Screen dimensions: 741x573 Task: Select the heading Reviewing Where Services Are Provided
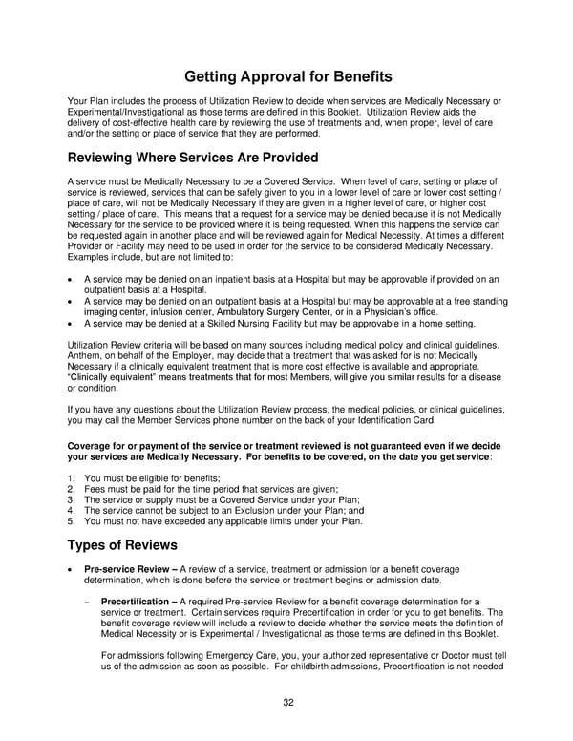(x=192, y=157)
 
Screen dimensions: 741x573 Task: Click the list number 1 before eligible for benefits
(x=72, y=478)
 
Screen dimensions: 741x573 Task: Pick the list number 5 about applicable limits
(x=72, y=521)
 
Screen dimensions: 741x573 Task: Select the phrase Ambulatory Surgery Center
(x=272, y=310)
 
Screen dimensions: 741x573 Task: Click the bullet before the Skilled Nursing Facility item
(x=72, y=324)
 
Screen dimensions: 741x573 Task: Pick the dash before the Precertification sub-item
(x=87, y=601)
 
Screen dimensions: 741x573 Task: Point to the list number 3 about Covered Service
(x=72, y=500)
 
